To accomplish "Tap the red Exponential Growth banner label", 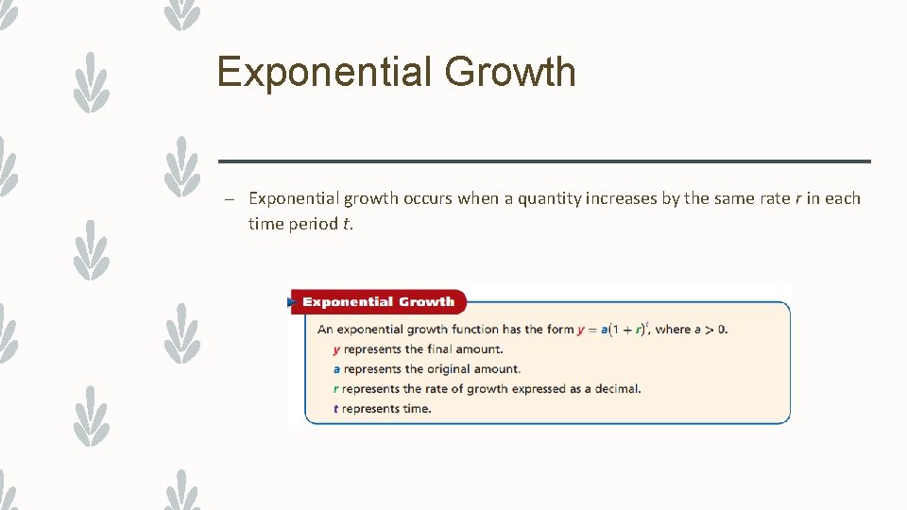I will click(x=378, y=302).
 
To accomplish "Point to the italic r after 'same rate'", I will click(x=811, y=198).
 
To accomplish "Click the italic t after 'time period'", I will click(x=345, y=224).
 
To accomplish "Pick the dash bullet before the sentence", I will click(x=229, y=199).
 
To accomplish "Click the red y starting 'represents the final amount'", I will click(x=336, y=349).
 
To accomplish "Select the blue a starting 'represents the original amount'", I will click(x=336, y=369).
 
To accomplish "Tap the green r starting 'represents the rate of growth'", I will click(x=336, y=389).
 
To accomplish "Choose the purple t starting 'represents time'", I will click(x=336, y=409).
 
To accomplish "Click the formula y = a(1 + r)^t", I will click(x=611, y=329).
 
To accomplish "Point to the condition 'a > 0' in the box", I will click(x=711, y=330).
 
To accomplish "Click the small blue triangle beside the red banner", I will click(x=291, y=303).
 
